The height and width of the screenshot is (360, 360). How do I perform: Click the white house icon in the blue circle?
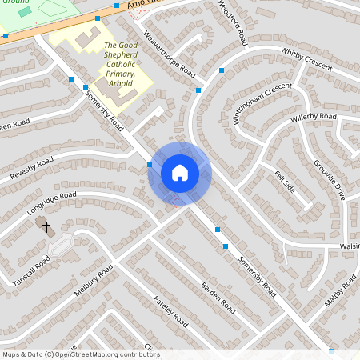179,173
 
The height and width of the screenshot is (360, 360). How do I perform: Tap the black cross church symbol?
46,227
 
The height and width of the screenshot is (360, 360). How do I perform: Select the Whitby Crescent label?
306,59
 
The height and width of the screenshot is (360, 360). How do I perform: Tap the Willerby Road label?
314,120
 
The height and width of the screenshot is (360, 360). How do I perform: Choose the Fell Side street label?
284,182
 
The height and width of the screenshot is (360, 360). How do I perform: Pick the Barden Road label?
218,297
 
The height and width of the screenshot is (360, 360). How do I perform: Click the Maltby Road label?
339,292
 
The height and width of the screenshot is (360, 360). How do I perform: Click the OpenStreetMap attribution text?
80,354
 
